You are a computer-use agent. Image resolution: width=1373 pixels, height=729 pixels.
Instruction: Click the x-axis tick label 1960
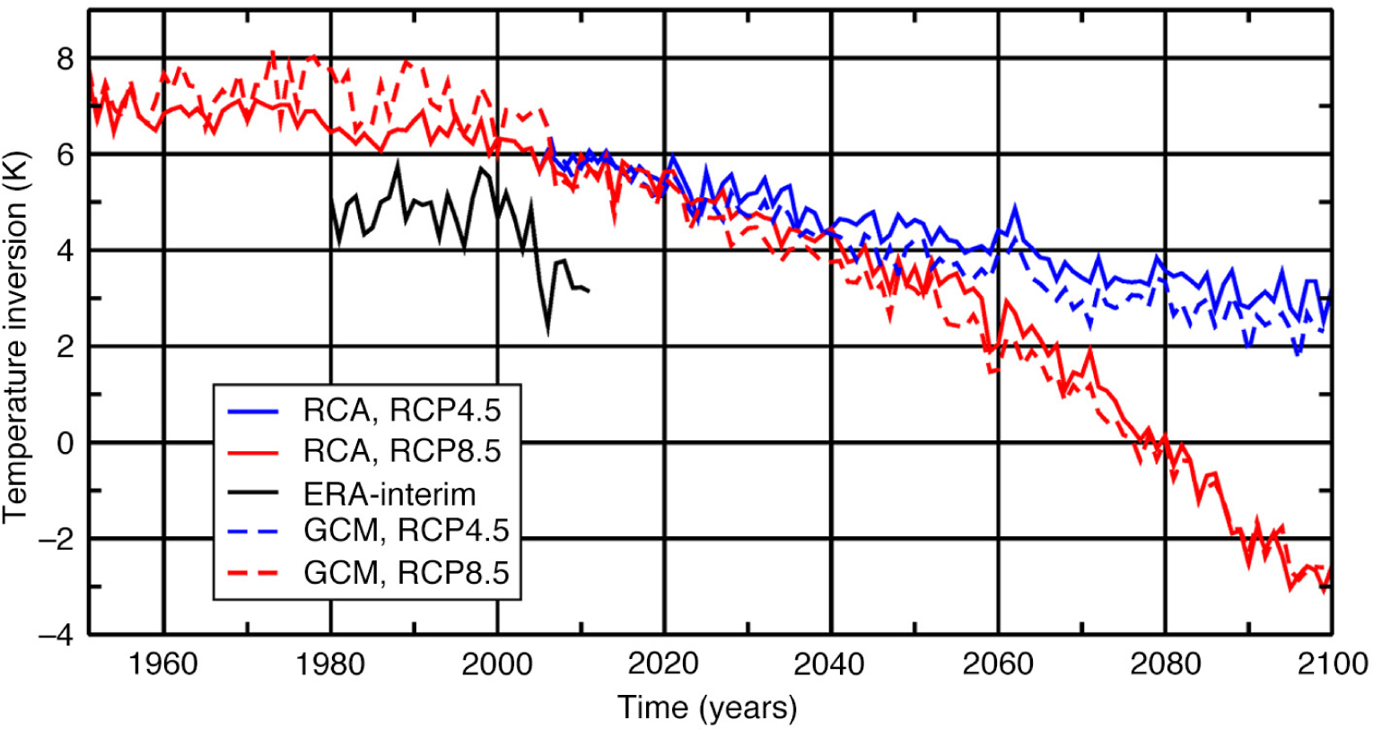pos(162,664)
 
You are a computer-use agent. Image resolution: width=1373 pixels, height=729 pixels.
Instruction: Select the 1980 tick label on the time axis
pos(330,664)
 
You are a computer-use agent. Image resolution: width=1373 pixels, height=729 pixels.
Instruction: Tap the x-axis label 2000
pos(496,664)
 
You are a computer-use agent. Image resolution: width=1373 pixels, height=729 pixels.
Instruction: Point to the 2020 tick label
pos(663,664)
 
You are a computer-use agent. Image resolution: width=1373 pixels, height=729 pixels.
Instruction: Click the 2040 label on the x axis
pos(830,664)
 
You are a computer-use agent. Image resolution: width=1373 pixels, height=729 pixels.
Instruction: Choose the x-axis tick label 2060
pos(997,664)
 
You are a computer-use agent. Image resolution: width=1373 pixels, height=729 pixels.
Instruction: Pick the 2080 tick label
pos(1164,664)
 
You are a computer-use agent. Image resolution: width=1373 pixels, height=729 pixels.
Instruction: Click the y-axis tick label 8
pos(65,59)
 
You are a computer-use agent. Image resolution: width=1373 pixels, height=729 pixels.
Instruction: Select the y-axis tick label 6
pos(65,155)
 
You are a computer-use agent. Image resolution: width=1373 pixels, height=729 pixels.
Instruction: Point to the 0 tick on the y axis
pos(65,443)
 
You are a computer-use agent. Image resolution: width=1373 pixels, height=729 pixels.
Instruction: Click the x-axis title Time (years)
pos(707,707)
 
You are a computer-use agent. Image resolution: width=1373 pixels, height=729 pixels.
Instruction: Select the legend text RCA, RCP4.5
pos(402,410)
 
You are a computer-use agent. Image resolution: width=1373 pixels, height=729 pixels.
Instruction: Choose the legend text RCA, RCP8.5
pos(402,450)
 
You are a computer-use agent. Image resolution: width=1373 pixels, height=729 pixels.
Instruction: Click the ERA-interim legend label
pos(389,492)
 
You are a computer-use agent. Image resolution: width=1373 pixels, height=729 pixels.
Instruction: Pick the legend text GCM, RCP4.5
pos(407,531)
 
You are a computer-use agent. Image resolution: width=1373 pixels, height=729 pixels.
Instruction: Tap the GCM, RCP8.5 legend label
pos(407,572)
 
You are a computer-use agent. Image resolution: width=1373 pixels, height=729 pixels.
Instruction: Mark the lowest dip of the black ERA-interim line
pos(547,333)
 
